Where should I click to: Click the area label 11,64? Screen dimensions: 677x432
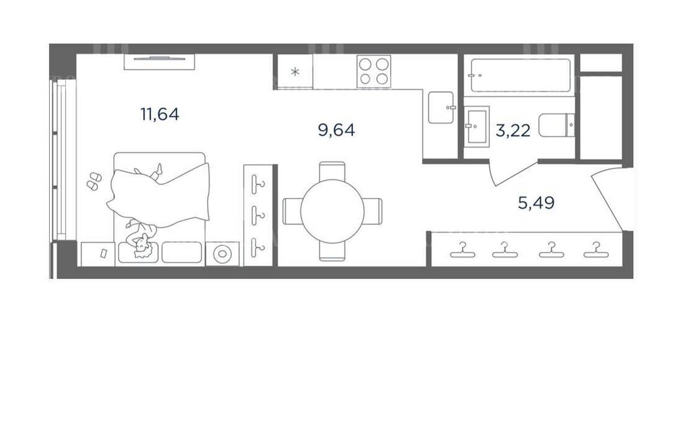160,114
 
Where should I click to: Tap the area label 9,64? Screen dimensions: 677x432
336,130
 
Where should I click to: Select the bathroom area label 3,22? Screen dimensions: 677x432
513,130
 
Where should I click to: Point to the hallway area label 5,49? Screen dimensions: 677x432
536,202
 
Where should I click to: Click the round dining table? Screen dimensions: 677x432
333,211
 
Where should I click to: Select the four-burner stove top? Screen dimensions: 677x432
374,71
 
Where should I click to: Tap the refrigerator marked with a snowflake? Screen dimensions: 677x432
295,72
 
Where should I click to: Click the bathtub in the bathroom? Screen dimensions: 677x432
520,75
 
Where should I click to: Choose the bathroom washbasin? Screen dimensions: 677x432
477,126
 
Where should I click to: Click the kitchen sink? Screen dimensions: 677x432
442,107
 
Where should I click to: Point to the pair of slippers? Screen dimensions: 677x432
94,181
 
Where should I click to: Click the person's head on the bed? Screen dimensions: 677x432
141,247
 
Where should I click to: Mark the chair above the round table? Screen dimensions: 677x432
332,172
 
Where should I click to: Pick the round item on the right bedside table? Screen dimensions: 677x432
222,253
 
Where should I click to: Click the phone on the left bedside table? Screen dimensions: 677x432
104,253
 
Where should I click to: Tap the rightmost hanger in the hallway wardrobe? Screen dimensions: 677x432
596,250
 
